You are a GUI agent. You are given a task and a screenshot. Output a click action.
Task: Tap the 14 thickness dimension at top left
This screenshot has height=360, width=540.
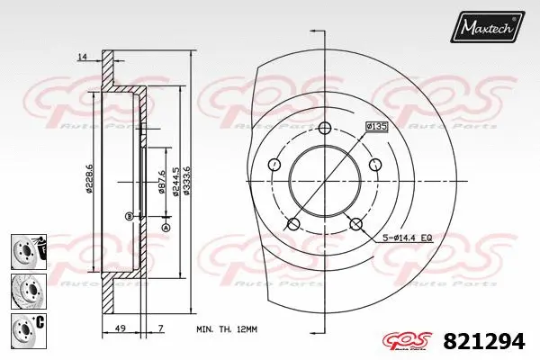(82, 57)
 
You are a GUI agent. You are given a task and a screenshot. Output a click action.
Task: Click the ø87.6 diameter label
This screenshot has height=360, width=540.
(161, 182)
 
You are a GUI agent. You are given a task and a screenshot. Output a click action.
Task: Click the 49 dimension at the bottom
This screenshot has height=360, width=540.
(120, 329)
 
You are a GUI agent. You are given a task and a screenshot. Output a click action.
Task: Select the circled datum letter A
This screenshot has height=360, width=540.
(166, 228)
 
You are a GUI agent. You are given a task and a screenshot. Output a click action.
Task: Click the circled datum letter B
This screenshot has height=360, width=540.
(130, 216)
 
